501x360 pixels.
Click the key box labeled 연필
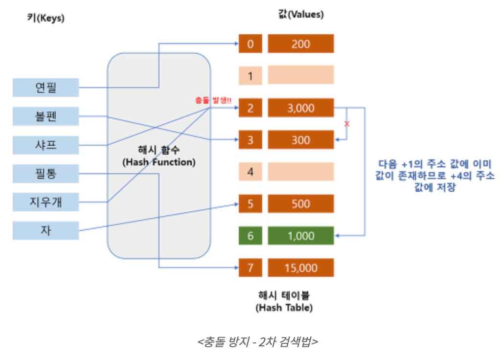click(46, 88)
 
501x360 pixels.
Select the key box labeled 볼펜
click(46, 116)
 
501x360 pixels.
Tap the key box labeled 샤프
click(46, 145)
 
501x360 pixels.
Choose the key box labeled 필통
click(46, 173)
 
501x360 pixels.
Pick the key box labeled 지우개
click(46, 202)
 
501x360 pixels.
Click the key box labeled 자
click(46, 230)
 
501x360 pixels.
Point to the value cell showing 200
click(300, 44)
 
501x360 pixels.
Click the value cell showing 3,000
click(300, 108)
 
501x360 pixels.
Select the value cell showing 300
click(300, 140)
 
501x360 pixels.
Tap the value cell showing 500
click(300, 204)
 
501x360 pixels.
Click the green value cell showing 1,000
click(300, 236)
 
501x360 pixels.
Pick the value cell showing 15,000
click(300, 268)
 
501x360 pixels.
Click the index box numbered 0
click(250, 44)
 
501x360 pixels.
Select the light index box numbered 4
click(250, 172)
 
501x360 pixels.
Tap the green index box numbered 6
click(250, 236)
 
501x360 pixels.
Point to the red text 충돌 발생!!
click(213, 100)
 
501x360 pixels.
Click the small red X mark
click(347, 124)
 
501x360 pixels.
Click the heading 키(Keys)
click(46, 19)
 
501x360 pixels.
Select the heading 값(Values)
click(300, 15)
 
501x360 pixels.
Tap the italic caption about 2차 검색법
click(258, 341)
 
